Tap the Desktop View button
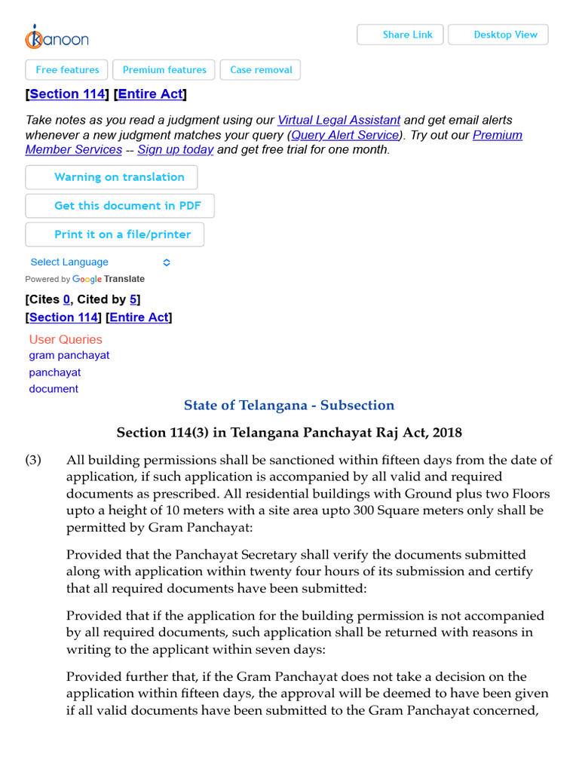(x=498, y=35)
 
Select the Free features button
(x=67, y=70)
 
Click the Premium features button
(x=164, y=70)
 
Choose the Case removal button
(x=261, y=70)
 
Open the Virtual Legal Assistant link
(x=339, y=121)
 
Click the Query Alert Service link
(x=345, y=136)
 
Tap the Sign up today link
(x=175, y=150)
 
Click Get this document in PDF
(x=119, y=206)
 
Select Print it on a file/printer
(x=115, y=234)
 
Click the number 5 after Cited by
(x=133, y=300)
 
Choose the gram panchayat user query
(x=69, y=355)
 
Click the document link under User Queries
(x=54, y=389)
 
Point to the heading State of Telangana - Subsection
(x=289, y=406)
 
